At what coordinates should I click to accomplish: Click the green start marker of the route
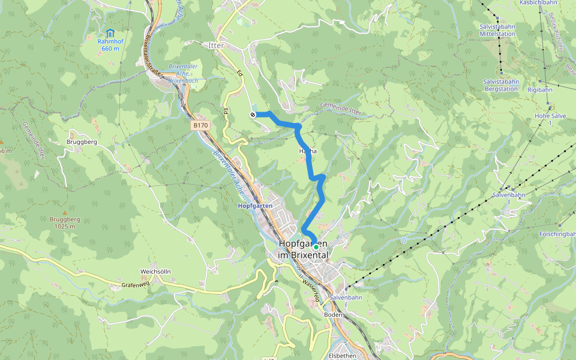pyautogui.click(x=316, y=247)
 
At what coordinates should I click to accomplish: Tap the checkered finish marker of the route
pyautogui.click(x=253, y=115)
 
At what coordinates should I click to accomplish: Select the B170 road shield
pyautogui.click(x=200, y=125)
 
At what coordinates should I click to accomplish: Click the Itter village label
pyautogui.click(x=215, y=46)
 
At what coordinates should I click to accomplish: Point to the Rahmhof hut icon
pyautogui.click(x=110, y=32)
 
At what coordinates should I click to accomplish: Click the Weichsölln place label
pyautogui.click(x=155, y=271)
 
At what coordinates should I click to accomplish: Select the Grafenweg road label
pyautogui.click(x=134, y=285)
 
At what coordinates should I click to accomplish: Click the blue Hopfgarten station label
pyautogui.click(x=255, y=206)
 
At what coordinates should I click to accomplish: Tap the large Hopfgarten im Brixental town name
pyautogui.click(x=303, y=250)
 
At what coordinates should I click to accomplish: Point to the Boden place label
pyautogui.click(x=332, y=315)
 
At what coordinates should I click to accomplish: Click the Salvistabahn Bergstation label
pyautogui.click(x=500, y=85)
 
